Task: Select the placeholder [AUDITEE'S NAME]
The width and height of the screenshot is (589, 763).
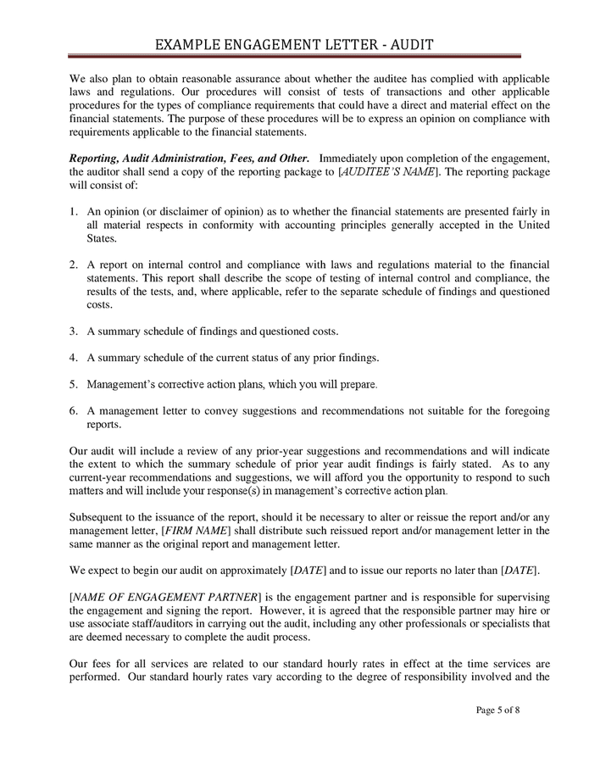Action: [x=389, y=171]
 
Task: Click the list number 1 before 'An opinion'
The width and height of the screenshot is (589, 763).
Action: [x=74, y=211]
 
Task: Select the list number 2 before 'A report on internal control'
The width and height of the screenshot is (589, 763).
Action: [x=74, y=265]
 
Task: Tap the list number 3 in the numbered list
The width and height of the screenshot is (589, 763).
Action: [x=74, y=331]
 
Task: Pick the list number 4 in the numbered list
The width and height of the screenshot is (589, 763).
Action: [x=74, y=357]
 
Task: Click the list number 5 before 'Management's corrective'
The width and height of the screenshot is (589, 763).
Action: [x=74, y=384]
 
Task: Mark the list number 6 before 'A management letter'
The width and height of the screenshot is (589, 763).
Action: [x=74, y=411]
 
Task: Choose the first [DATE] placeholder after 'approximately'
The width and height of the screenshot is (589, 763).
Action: [x=308, y=570]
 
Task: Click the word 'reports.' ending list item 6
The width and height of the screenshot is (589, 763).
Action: [x=104, y=425]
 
